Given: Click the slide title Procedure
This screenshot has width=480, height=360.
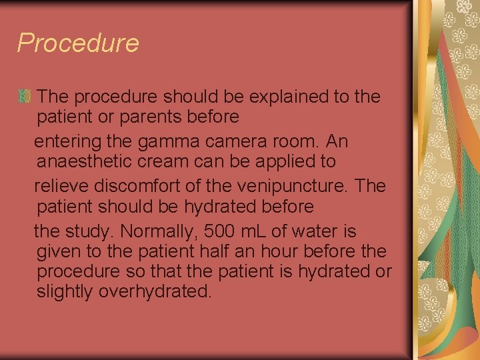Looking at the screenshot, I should pos(78,43).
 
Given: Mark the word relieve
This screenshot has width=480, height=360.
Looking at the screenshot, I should pos(61,186).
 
